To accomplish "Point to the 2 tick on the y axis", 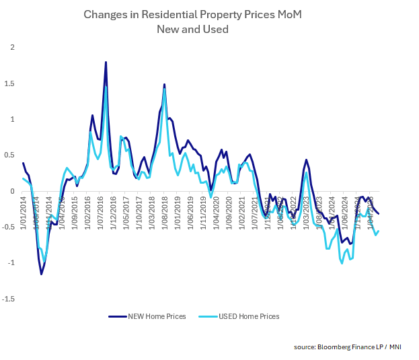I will tap(12, 47).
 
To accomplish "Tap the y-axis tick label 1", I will tap(12, 119).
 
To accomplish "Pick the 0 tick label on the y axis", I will tap(12, 191).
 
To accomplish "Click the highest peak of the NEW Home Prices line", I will tap(106, 62).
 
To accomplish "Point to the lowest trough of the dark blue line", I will tap(41, 274).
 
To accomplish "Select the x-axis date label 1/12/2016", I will tap(113, 212).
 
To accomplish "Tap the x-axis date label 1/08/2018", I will tap(164, 212).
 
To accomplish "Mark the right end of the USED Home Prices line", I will tap(379, 231).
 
